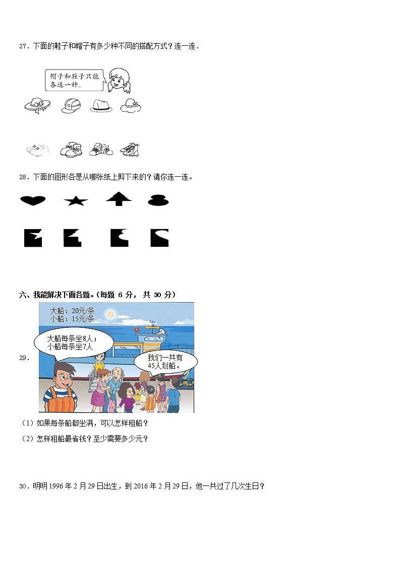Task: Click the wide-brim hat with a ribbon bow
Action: point(37,105)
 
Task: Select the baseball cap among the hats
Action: point(71,106)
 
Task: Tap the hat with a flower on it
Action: point(131,105)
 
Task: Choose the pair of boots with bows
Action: point(71,149)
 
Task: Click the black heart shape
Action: point(33,201)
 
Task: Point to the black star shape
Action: point(76,201)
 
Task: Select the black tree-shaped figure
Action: point(119,199)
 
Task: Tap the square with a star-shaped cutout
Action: point(72,238)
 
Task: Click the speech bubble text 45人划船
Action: point(165,366)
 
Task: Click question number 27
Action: point(23,46)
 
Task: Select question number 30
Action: point(23,486)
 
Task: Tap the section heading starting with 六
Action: point(97,295)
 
